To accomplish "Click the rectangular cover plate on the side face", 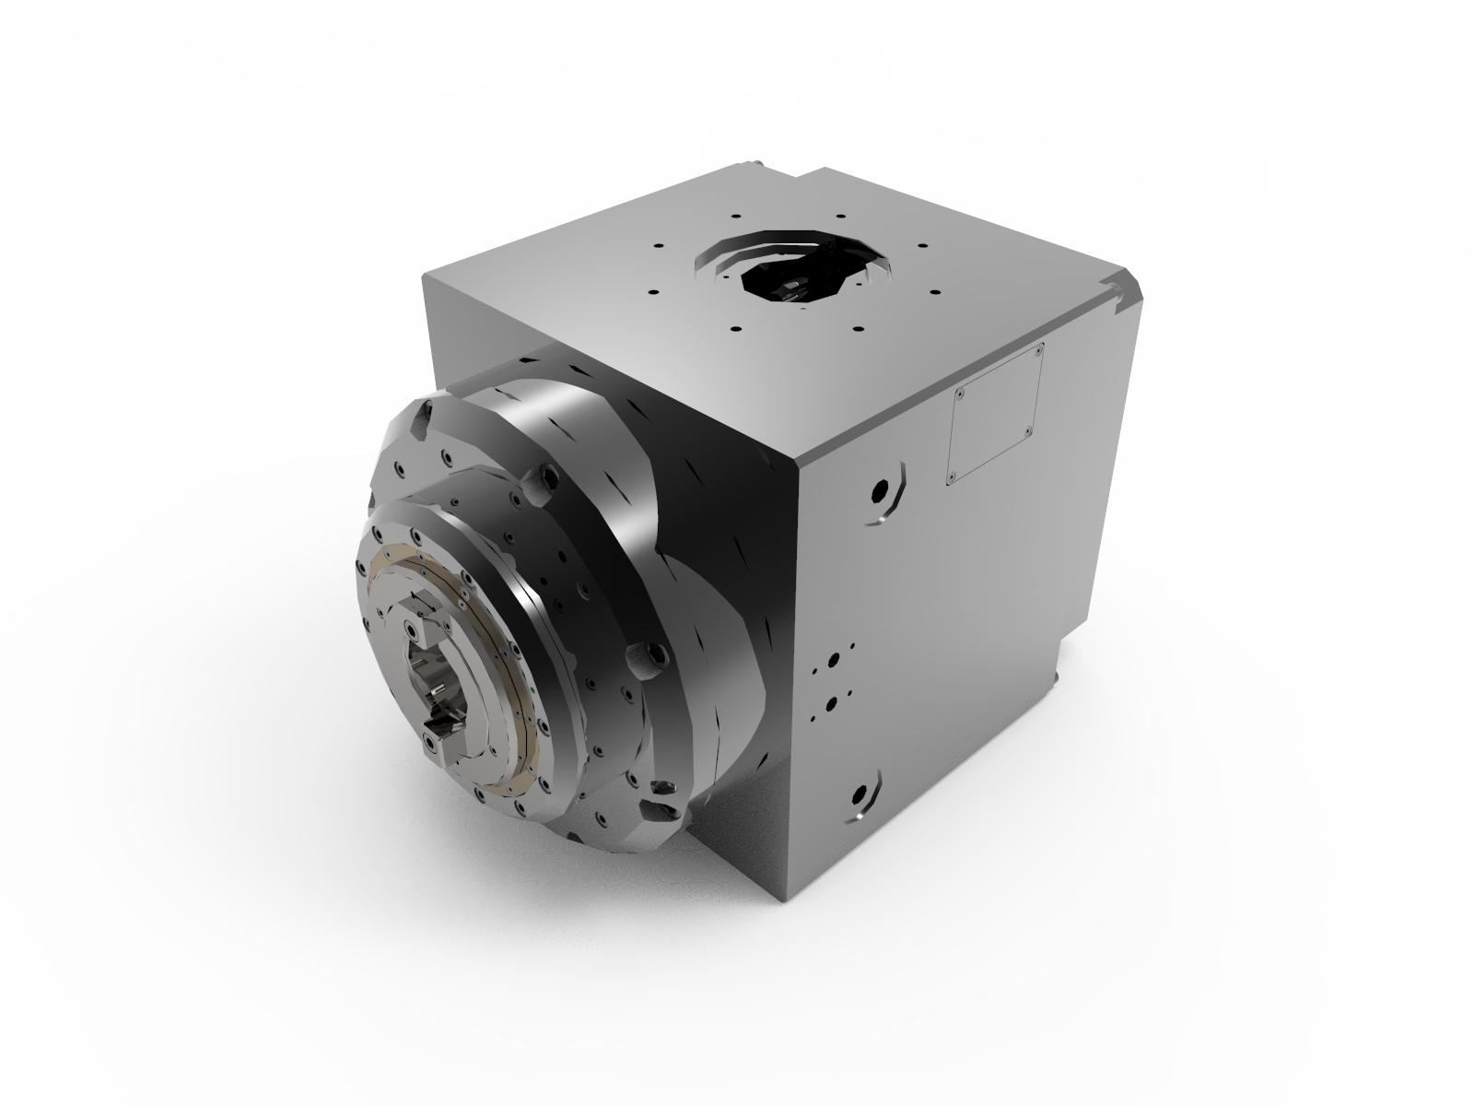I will pyautogui.click(x=995, y=413).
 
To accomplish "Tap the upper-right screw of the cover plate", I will pyautogui.click(x=1038, y=350).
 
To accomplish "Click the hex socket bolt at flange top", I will pyautogui.click(x=547, y=477).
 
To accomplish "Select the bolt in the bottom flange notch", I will pyautogui.click(x=662, y=789).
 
